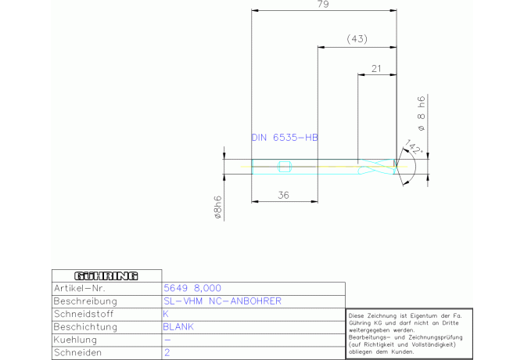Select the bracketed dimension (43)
pos(357,38)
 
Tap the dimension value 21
pos(376,68)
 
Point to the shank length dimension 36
pos(284,196)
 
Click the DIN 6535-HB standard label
pos(285,137)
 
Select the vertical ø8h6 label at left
pos(219,208)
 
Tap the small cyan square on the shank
pos(285,165)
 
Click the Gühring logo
pos(106,275)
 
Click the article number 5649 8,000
pos(192,288)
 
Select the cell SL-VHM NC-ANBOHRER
pos(222,301)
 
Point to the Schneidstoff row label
pos(84,313)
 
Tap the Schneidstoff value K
pos(166,313)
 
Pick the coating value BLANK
pos(178,326)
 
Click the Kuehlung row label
pos(75,340)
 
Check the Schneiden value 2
pos(166,353)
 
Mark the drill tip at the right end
pos(397,165)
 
